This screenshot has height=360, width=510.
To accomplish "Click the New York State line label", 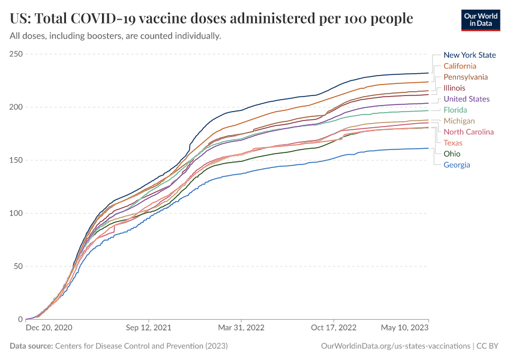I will [469, 55].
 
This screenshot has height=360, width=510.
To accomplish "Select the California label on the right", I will [460, 66].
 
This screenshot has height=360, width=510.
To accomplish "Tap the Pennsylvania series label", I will [466, 77].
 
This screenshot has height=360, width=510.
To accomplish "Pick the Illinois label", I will [454, 88].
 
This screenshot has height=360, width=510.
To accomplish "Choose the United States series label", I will [466, 99].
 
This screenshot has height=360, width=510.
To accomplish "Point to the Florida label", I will [455, 110].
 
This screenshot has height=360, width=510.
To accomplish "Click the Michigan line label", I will [459, 121].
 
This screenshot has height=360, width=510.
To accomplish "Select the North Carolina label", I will [469, 132].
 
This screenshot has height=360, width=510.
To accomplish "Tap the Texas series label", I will [453, 143].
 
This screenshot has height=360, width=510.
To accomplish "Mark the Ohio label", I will [452, 154].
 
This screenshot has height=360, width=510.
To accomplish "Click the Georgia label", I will [457, 165].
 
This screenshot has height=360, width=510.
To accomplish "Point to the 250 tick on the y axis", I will [16, 55].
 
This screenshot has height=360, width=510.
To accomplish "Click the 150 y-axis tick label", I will [16, 160].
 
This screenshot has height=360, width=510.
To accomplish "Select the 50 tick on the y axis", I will [18, 266].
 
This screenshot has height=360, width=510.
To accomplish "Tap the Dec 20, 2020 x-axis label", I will [49, 328].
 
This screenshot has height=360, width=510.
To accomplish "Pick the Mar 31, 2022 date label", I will [241, 328].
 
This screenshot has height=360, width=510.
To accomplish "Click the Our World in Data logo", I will [481, 19].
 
